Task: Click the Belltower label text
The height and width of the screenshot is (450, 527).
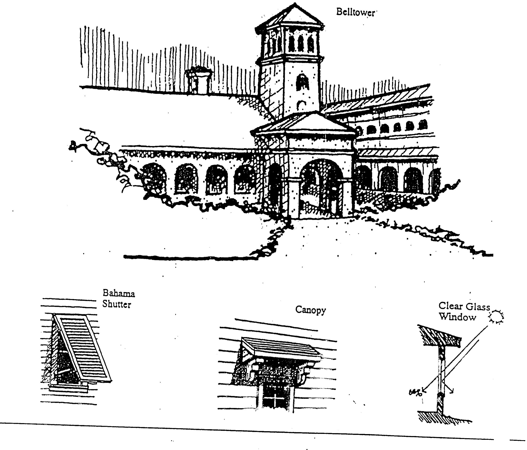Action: (355, 12)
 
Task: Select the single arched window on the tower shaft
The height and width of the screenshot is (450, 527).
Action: (302, 83)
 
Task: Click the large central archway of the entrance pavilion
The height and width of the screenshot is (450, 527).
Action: (321, 186)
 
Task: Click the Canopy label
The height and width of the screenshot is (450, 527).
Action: (310, 310)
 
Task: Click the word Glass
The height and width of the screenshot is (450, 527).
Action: (478, 307)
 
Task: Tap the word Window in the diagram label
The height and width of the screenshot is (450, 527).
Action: (457, 317)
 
